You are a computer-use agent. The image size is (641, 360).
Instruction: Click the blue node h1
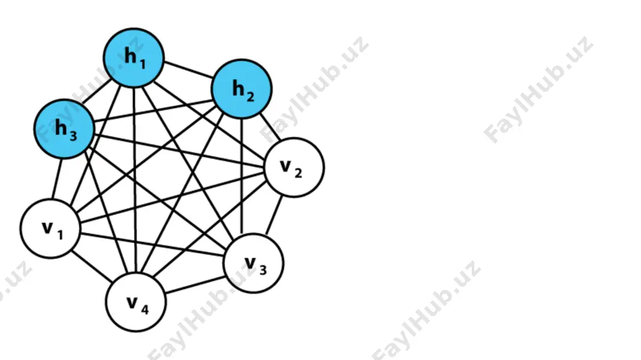[134, 58]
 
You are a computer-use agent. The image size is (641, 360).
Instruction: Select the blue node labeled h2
[242, 88]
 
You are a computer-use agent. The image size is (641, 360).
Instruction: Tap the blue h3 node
[64, 129]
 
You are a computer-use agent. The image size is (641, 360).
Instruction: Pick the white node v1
[51, 229]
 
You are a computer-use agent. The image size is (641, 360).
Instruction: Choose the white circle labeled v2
[294, 168]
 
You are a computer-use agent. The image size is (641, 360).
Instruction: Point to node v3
[253, 263]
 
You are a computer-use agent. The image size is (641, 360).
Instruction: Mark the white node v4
[136, 302]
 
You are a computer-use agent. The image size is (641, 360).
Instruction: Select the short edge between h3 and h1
[99, 93]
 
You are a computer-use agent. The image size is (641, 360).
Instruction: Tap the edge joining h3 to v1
[57, 179]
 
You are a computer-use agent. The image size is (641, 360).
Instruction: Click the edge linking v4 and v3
[196, 284]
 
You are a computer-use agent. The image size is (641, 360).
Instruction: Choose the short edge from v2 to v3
[274, 215]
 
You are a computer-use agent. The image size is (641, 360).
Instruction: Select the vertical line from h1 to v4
[135, 180]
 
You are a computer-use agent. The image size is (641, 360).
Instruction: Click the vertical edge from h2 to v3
[242, 176]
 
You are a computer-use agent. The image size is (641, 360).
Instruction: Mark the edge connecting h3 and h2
[153, 110]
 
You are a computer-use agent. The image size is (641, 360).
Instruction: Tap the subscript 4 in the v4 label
[145, 309]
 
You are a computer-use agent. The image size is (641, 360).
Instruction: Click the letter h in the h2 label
[238, 88]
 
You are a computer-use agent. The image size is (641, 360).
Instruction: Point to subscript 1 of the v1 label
[60, 234]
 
